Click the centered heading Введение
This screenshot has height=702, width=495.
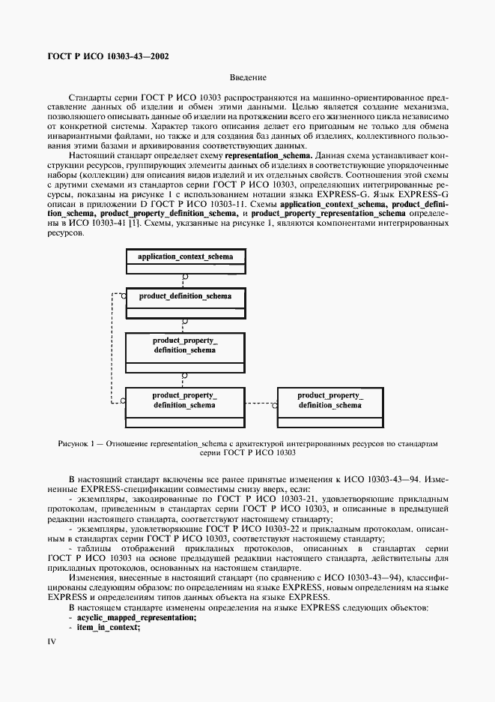[x=247, y=77]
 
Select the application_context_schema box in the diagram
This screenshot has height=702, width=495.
[x=185, y=257]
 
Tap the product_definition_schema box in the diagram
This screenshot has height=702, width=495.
[x=185, y=297]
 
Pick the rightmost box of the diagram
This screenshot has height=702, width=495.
[x=330, y=400]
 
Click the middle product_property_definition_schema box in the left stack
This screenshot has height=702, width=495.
[x=185, y=345]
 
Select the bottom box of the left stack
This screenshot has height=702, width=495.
[x=185, y=400]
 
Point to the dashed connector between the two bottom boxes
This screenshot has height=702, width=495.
[x=262, y=399]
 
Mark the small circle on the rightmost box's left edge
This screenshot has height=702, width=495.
[x=275, y=406]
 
